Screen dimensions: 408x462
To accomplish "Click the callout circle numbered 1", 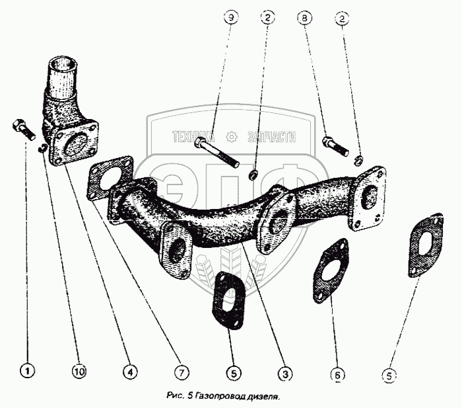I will (27, 372).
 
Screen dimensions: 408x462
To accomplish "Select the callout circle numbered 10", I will (78, 372).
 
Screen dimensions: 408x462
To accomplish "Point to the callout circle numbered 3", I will (284, 374).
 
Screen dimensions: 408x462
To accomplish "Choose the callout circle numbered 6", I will (337, 375).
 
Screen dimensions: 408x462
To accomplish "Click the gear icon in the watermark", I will (232, 137).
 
